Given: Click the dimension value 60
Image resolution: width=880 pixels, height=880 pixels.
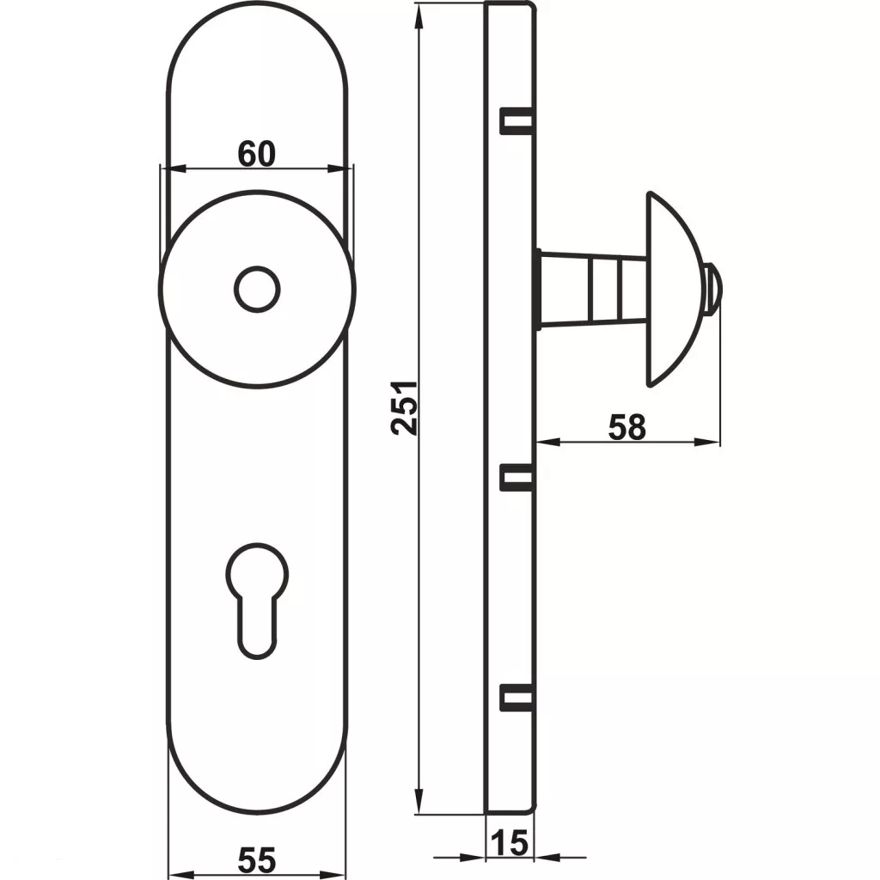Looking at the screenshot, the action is coord(256,154).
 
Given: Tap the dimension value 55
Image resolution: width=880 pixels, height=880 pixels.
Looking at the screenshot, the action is coord(257,859).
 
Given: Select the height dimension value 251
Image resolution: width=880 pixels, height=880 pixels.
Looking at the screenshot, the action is coord(404,408).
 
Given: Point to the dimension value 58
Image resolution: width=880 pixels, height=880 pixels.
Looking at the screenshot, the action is coord(626,427).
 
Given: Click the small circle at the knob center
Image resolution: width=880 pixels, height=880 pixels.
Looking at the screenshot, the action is coord(257,290).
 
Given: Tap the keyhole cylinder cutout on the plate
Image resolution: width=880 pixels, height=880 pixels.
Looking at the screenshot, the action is coord(257,601).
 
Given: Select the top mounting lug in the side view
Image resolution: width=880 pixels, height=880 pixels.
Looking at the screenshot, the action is coord(516,120).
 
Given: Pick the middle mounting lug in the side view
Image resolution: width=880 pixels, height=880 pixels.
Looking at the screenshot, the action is coord(516,478).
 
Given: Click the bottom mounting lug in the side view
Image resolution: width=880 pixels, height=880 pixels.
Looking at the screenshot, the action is coord(516,698).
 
